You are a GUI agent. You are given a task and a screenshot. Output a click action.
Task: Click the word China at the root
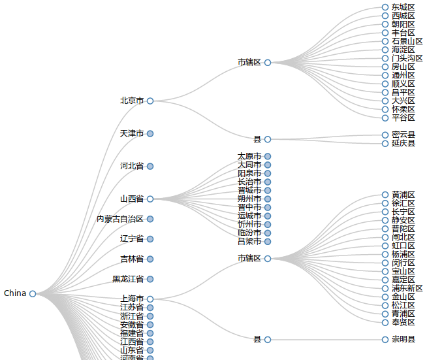pyautogui.click(x=15, y=293)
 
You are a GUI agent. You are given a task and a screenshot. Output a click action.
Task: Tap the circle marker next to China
pyautogui.click(x=33, y=294)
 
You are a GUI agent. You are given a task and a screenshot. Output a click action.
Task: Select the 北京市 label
pyautogui.click(x=132, y=101)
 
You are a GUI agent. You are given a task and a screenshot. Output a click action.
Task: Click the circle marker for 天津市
pyautogui.click(x=150, y=134)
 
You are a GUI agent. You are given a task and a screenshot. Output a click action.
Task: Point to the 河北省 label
pyautogui.click(x=132, y=167)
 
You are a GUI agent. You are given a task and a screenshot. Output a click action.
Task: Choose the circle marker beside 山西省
pyautogui.click(x=150, y=199)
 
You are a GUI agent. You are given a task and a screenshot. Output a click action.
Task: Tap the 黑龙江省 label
pyautogui.click(x=128, y=279)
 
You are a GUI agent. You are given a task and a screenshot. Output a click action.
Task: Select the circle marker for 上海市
pyautogui.click(x=150, y=299)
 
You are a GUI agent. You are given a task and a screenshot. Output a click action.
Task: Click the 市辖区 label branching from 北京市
pyautogui.click(x=249, y=63)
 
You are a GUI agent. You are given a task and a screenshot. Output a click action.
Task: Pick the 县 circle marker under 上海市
pyautogui.click(x=268, y=340)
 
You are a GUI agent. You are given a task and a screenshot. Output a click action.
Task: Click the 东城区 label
pyautogui.click(x=403, y=7)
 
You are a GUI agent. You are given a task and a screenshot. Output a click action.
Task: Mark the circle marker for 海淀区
pyautogui.click(x=385, y=50)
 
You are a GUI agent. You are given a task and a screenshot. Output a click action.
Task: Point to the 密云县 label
pyautogui.click(x=403, y=135)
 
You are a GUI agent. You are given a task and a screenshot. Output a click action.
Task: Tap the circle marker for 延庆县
pyautogui.click(x=385, y=144)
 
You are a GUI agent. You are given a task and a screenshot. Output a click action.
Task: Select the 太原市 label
pyautogui.click(x=249, y=156)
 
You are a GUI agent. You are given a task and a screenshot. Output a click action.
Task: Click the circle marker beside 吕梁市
pyautogui.click(x=268, y=242)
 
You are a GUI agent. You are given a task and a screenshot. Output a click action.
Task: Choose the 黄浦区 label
pyautogui.click(x=403, y=195)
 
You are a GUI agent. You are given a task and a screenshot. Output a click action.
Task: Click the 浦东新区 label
pyautogui.click(x=407, y=288)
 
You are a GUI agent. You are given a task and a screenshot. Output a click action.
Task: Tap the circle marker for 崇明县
pyautogui.click(x=385, y=340)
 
